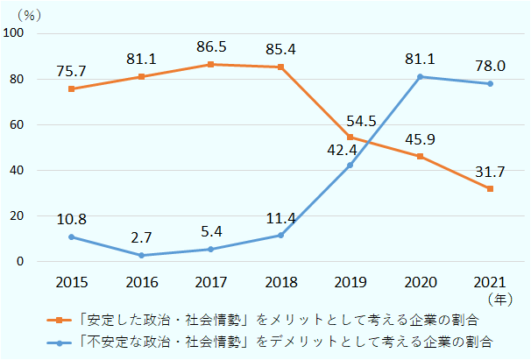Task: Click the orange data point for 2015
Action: [71, 89]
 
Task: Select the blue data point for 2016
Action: [141, 256]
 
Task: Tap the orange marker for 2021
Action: [490, 189]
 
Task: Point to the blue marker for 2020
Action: [420, 77]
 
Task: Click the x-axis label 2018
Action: [280, 282]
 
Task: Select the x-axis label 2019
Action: [350, 282]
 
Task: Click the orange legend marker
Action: [58, 321]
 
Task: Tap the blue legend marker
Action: [58, 341]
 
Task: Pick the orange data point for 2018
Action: [280, 67]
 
